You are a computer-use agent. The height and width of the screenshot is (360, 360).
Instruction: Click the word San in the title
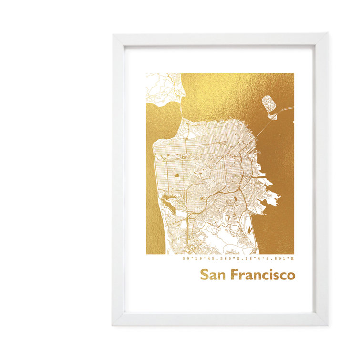[x=213, y=275]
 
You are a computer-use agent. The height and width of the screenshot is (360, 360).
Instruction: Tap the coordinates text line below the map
[x=238, y=259]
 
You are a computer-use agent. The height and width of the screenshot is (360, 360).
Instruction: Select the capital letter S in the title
[x=204, y=275]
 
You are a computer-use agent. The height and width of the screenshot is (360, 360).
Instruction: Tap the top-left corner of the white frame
[x=113, y=34]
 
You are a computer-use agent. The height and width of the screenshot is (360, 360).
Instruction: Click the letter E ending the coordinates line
[x=293, y=259]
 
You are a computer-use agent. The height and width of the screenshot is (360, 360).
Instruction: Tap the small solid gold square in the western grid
[x=177, y=175]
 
